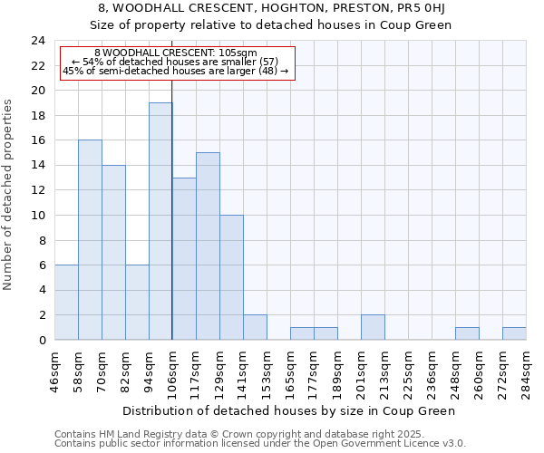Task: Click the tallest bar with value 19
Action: coord(160,221)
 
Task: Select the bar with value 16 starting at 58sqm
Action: coord(90,240)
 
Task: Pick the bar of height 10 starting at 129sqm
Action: coord(231,277)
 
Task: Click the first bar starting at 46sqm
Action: coord(66,303)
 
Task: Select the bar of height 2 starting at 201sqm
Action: coord(373,327)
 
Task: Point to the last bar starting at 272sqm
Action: coord(514,333)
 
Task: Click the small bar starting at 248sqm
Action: coord(467,333)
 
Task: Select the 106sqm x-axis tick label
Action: coord(172,371)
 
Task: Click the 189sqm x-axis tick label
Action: coord(337,371)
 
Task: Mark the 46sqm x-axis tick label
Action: coord(54,371)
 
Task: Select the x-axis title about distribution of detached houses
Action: coord(290,410)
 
